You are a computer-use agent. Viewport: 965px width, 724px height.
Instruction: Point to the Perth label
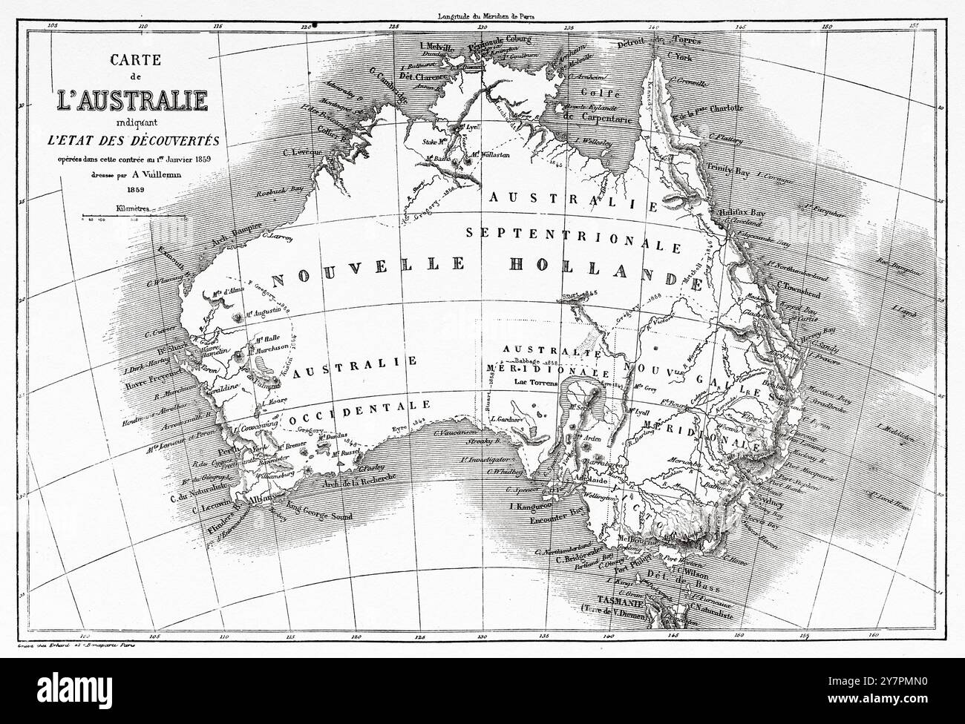[x=220, y=451]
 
